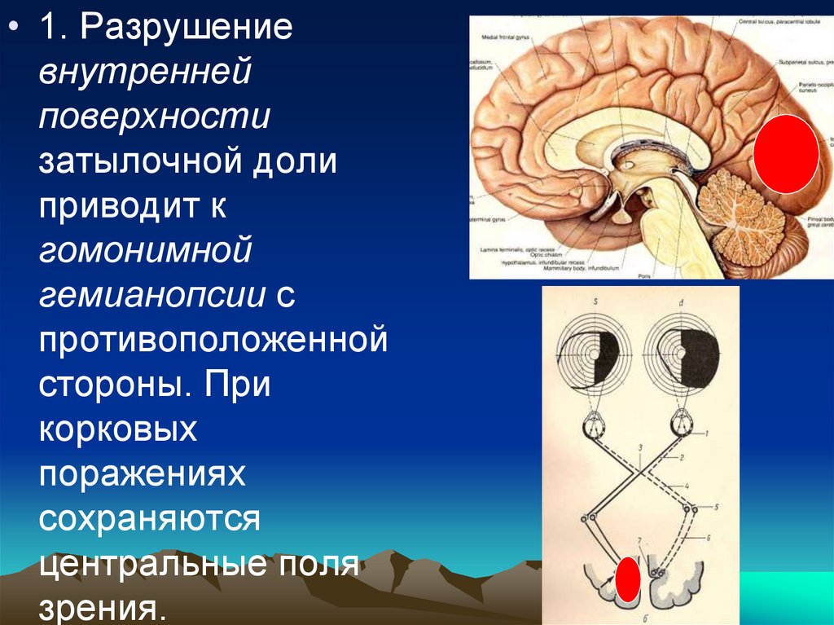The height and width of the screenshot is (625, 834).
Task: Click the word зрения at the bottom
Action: point(98,607)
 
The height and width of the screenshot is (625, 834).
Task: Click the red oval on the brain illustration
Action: point(785,154)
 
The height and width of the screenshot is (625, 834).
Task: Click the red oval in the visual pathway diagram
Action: point(627,581)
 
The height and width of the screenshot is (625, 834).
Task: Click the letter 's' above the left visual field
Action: point(596,303)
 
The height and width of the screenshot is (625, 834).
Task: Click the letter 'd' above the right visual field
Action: point(683,303)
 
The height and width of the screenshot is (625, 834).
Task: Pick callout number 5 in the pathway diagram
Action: point(715,506)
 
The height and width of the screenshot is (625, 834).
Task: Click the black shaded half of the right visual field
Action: point(699,358)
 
